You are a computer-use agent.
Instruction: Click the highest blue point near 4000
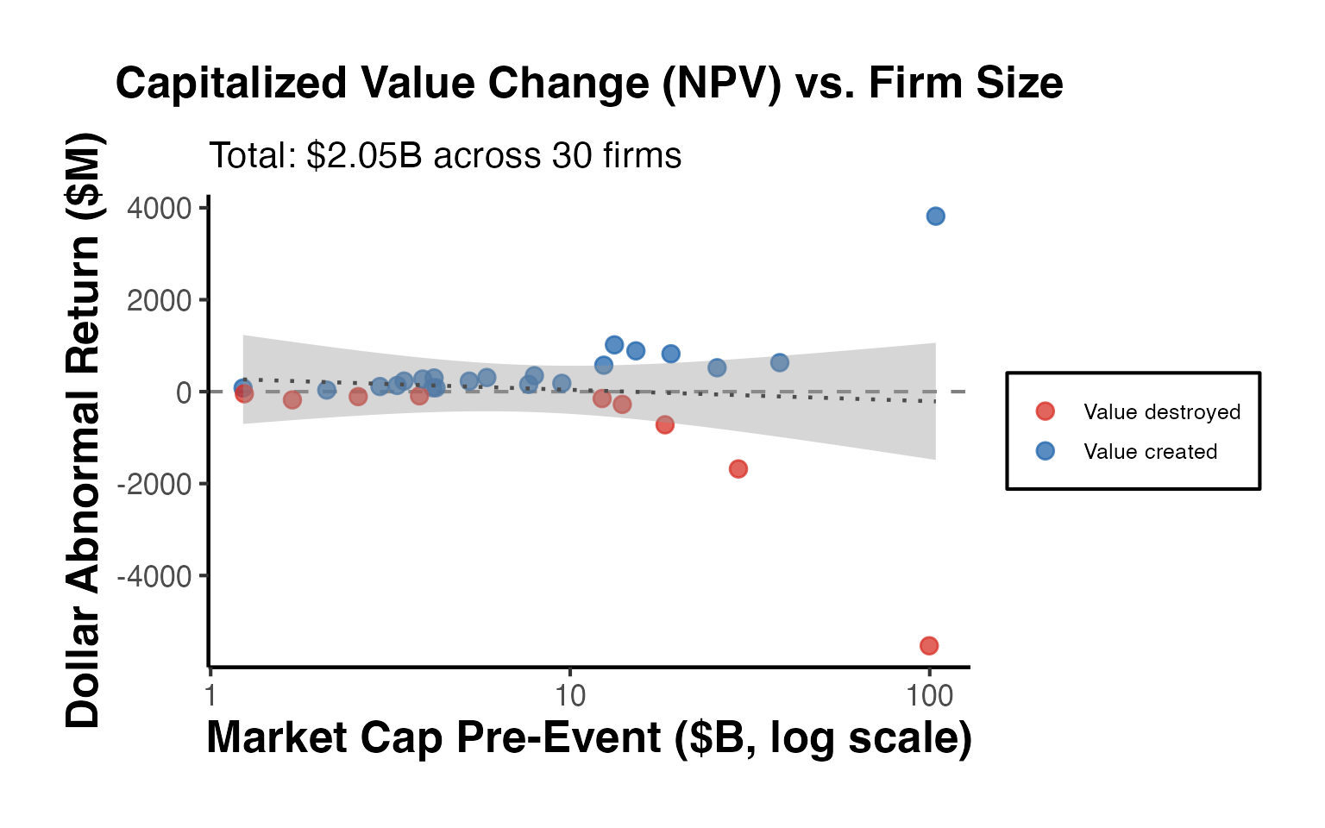point(935,216)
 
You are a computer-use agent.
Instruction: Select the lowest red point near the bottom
point(928,645)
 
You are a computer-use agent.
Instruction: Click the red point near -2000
point(738,468)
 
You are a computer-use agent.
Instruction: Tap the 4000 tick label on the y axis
point(160,208)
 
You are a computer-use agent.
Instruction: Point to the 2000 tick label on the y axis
point(160,300)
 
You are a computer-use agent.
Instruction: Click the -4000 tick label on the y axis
point(155,576)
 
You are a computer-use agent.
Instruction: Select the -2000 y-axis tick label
point(155,484)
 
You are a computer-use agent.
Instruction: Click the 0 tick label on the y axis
point(184,392)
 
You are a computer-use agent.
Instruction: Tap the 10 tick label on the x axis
point(569,695)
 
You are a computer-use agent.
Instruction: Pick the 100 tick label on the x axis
point(929,695)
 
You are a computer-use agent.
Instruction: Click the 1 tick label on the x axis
point(210,695)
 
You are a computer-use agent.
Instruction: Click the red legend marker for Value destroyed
point(1045,411)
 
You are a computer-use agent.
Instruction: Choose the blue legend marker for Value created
point(1045,451)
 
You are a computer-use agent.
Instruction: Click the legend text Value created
point(1150,451)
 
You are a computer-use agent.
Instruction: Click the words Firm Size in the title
point(965,84)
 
